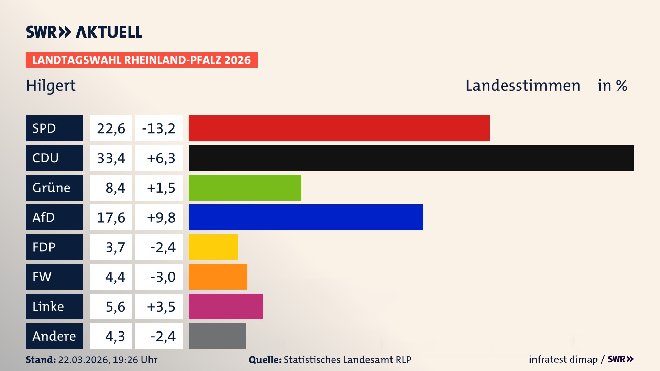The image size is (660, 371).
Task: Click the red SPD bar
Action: pos(339,128)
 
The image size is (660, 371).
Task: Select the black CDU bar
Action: pos(411,158)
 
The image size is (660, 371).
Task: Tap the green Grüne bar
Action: pos(245,188)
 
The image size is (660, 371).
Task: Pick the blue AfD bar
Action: pos(306,217)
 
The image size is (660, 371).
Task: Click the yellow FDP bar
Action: pos(213,247)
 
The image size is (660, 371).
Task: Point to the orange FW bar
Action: pos(218,277)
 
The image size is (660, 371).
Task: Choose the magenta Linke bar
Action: pos(226,306)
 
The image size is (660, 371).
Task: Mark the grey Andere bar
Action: pos(217,336)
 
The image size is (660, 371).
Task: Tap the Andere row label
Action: pos(54,336)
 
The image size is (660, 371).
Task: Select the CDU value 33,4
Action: pos(111,158)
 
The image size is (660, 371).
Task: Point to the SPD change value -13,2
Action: pos(158,128)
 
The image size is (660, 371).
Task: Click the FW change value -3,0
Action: pos(163,277)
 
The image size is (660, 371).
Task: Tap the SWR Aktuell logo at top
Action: pos(84,32)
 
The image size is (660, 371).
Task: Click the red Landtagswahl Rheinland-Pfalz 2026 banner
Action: pos(141,60)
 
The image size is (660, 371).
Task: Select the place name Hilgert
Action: pos(51,86)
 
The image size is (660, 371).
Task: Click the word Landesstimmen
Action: pos(522,86)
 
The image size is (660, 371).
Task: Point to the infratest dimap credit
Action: pos(563,359)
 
